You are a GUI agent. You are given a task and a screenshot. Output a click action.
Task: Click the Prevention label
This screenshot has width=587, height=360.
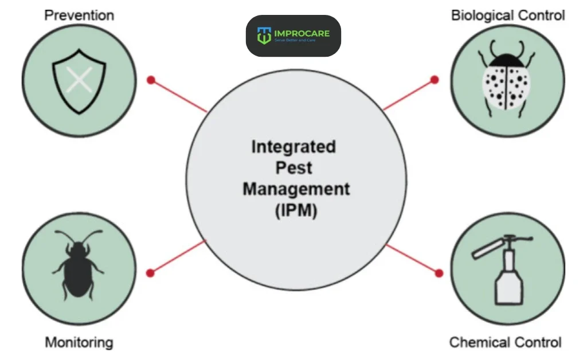79,15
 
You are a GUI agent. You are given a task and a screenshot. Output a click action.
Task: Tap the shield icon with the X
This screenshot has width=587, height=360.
80,81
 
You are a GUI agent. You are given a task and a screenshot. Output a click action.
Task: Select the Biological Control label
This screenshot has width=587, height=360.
507,15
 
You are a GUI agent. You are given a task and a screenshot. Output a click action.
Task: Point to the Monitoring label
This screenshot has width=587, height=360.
79,343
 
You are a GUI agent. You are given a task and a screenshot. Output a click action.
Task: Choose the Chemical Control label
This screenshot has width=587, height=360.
506,343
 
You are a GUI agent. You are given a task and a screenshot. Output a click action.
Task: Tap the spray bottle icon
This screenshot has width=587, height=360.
503,269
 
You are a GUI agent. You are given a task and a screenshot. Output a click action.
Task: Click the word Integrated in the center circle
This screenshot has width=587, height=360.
293,147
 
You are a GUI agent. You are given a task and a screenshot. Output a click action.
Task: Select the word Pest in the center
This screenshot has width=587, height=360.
293,168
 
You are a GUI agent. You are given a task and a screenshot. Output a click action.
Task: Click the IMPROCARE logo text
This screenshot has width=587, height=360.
310,33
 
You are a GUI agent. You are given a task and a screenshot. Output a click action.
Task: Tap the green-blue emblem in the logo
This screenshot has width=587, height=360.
264,36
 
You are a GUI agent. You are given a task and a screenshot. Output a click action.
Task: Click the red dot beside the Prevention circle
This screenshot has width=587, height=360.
151,80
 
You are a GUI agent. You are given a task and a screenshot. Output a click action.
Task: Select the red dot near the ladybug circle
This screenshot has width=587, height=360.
435,80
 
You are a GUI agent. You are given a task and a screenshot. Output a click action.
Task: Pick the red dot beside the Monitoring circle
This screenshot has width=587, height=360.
151,272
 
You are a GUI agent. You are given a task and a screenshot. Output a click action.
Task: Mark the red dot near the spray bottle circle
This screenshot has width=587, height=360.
439,272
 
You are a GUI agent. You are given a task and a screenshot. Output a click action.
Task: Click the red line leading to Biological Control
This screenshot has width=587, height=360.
408,94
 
